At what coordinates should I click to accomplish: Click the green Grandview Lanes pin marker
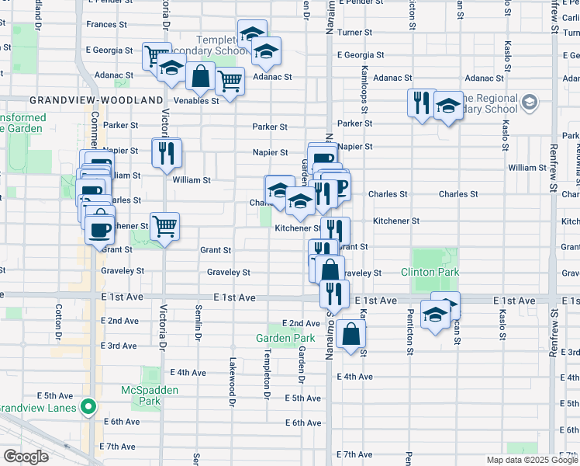tap(89, 406)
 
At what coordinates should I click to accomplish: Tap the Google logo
tap(26, 457)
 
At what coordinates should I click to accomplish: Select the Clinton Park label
tap(430, 272)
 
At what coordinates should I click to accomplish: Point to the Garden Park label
tap(286, 338)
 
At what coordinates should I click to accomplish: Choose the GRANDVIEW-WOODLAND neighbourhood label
tap(96, 100)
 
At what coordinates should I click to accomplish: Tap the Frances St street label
tap(102, 25)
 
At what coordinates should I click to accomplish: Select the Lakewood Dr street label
tap(232, 381)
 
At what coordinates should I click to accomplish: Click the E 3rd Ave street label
tap(119, 345)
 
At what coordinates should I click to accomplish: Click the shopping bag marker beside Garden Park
tap(350, 334)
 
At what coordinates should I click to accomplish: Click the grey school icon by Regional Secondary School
tap(530, 103)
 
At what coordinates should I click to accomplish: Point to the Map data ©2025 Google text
tap(531, 460)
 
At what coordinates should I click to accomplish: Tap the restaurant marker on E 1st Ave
tap(334, 293)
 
